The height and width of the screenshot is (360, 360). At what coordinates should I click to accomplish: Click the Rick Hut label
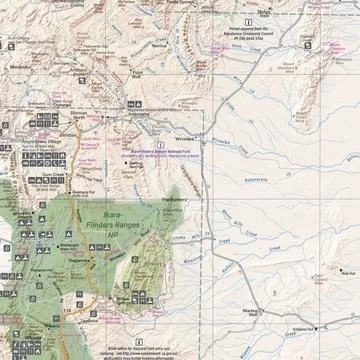(x=347, y=273)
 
